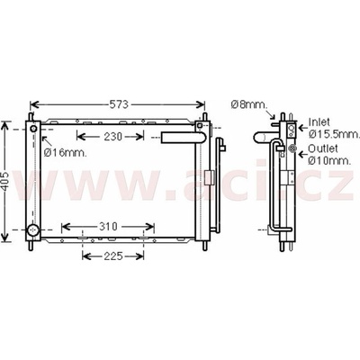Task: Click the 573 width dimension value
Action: [119, 104]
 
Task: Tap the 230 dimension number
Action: [113, 137]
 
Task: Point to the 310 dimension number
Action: [108, 227]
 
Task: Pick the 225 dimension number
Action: [113, 256]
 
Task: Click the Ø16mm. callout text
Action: [66, 153]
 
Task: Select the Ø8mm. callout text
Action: [249, 104]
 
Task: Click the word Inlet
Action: [319, 122]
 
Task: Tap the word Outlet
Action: [323, 148]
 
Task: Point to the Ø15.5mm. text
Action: [334, 134]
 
